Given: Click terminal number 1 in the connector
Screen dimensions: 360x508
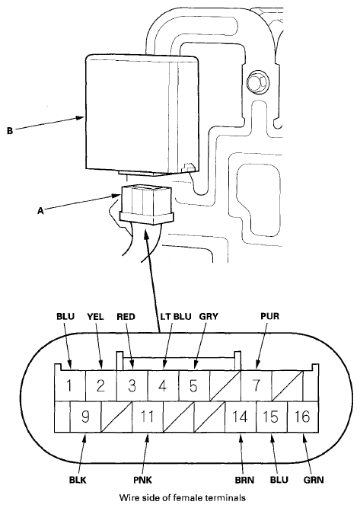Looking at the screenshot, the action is [x=69, y=386].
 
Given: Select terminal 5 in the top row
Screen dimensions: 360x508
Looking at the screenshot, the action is [x=194, y=386].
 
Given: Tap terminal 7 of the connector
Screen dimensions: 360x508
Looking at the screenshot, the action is [x=256, y=386].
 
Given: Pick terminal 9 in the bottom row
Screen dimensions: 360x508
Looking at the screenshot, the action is [x=85, y=417].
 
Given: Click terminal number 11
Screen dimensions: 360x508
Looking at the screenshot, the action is [x=148, y=417].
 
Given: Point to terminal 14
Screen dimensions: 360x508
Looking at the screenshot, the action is [x=241, y=417].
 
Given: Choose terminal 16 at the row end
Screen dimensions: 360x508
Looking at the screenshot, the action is [x=303, y=417].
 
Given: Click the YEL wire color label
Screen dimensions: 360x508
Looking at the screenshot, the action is [x=95, y=316].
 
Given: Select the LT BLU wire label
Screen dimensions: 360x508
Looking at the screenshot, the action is [x=176, y=316].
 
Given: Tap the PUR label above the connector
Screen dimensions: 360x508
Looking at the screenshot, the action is [x=269, y=316].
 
